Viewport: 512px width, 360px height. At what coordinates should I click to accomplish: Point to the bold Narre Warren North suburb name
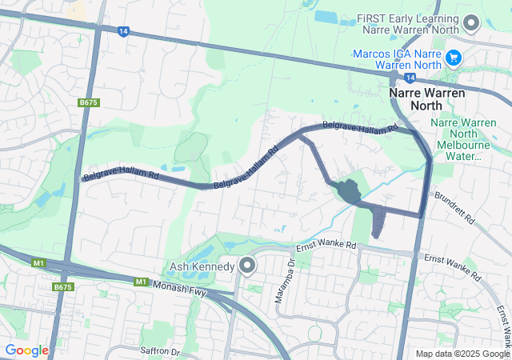pyautogui.click(x=426, y=98)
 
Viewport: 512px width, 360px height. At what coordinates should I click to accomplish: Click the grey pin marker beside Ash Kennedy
pyautogui.click(x=248, y=265)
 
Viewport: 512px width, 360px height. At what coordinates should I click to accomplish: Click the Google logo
pyautogui.click(x=26, y=350)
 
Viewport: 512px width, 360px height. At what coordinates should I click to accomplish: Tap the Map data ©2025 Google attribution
pyautogui.click(x=462, y=354)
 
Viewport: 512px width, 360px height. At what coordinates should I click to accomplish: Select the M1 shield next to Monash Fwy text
pyautogui.click(x=142, y=282)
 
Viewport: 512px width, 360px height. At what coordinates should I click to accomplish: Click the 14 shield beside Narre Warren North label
pyautogui.click(x=409, y=78)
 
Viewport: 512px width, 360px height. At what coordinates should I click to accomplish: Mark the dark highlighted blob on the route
pyautogui.click(x=349, y=192)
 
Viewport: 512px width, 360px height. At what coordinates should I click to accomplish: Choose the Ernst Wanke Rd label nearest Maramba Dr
pyautogui.click(x=326, y=247)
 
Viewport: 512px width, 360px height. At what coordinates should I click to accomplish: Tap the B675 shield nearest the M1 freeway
pyautogui.click(x=62, y=286)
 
